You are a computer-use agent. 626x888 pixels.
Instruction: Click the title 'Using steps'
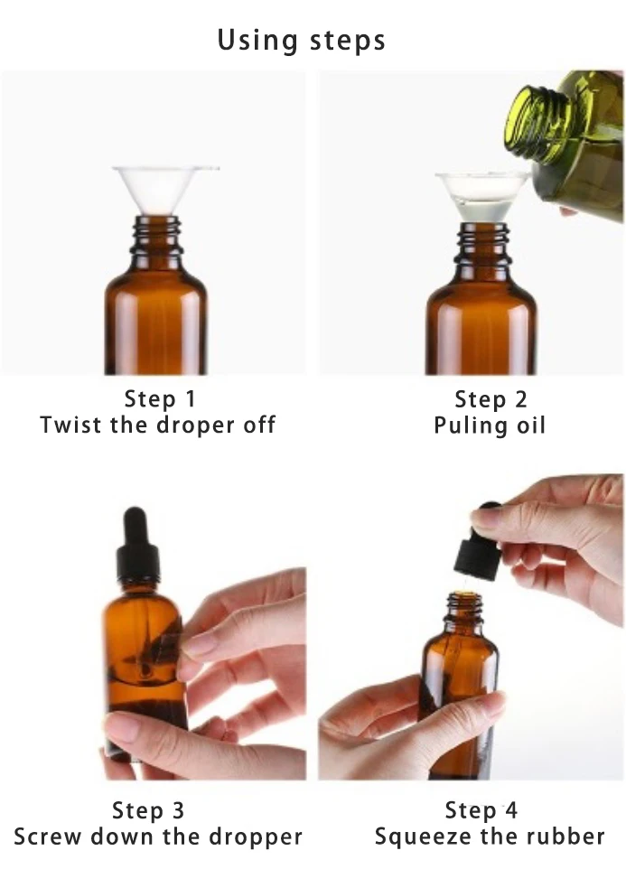[302, 41]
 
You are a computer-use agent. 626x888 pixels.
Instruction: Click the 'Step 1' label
[160, 398]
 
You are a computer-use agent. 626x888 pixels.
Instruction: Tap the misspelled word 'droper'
[195, 425]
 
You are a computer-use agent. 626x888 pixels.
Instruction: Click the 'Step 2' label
[491, 399]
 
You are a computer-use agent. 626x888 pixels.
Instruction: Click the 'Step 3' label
[148, 810]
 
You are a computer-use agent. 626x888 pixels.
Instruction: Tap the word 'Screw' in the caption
[46, 837]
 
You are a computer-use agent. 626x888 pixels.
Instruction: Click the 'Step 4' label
[481, 810]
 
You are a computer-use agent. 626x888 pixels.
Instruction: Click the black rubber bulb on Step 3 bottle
[135, 527]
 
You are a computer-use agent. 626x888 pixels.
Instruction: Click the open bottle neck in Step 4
[464, 611]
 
